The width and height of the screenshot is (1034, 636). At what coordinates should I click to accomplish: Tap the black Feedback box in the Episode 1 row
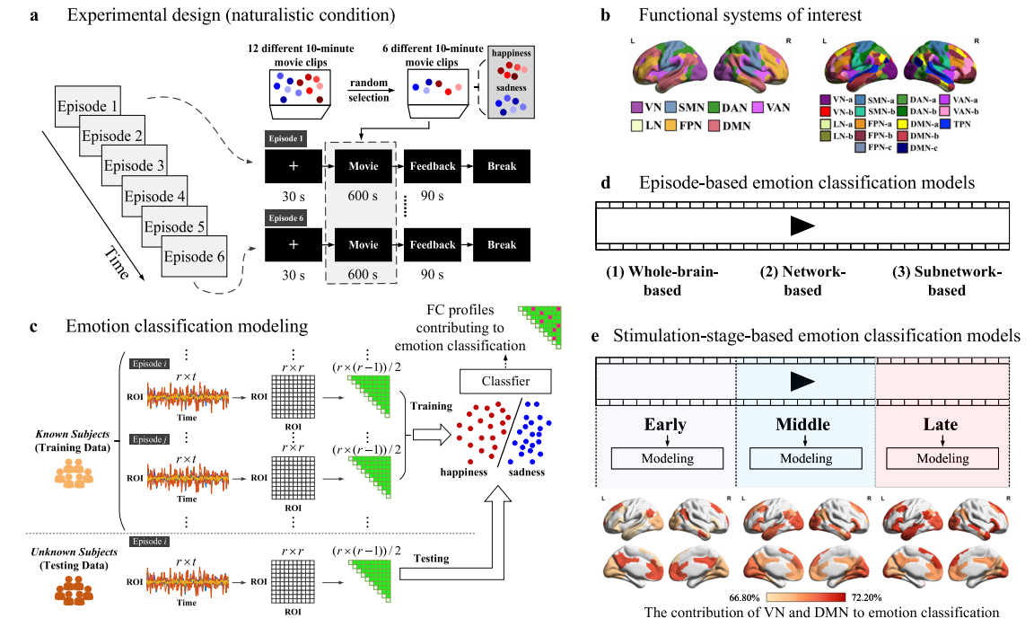tap(433, 166)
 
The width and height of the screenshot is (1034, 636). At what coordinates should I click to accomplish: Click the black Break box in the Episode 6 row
tap(502, 244)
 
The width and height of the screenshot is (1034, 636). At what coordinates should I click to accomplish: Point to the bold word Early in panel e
tap(664, 424)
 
